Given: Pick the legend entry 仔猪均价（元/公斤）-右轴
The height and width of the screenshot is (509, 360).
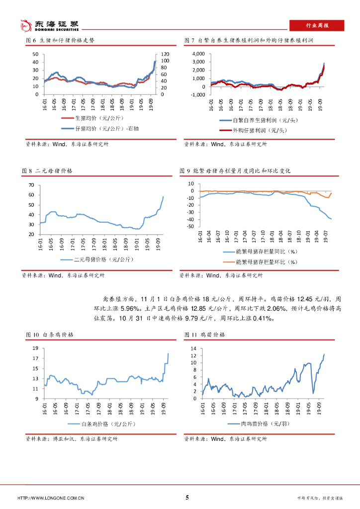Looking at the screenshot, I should [x=100, y=128].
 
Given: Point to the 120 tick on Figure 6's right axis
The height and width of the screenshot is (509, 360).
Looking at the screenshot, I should [x=165, y=54].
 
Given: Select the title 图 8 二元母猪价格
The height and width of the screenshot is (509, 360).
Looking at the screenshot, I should [x=47, y=170].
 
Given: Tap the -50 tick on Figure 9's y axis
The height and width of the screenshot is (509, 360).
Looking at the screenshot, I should [x=190, y=227].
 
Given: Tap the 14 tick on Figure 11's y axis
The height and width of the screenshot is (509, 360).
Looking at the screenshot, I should [x=193, y=349].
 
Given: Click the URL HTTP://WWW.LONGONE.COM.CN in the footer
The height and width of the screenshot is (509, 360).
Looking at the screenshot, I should [x=50, y=498].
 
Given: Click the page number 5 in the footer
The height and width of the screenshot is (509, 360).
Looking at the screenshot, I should [x=187, y=497].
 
